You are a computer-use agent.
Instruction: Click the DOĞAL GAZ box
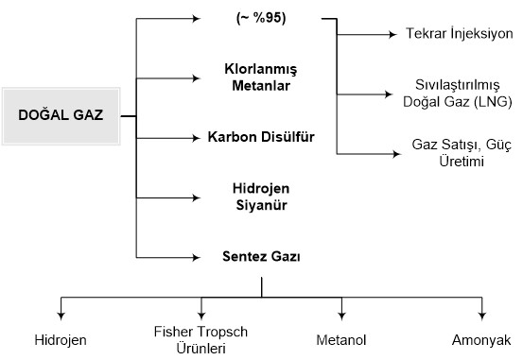[60, 115]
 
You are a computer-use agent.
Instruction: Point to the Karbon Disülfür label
[261, 137]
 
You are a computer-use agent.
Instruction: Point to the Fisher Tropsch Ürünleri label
[200, 339]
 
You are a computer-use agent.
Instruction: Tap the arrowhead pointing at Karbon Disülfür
[199, 137]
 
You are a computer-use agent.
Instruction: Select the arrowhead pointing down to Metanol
[342, 316]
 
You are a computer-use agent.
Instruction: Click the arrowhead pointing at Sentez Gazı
[199, 256]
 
